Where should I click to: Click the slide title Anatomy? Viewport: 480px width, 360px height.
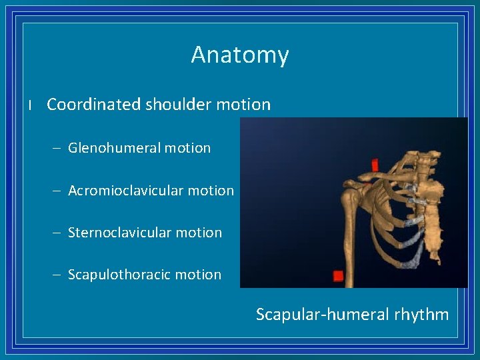click(239, 55)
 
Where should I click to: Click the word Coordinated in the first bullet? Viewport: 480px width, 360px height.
click(94, 105)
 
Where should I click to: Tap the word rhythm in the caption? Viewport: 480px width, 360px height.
click(421, 315)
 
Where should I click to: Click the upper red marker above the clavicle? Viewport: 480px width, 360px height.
click(375, 164)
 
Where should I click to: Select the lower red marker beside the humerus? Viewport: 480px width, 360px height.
click(338, 275)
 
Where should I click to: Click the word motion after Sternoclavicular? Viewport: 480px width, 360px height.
click(200, 233)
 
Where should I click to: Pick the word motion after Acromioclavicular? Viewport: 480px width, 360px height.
click(211, 191)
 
